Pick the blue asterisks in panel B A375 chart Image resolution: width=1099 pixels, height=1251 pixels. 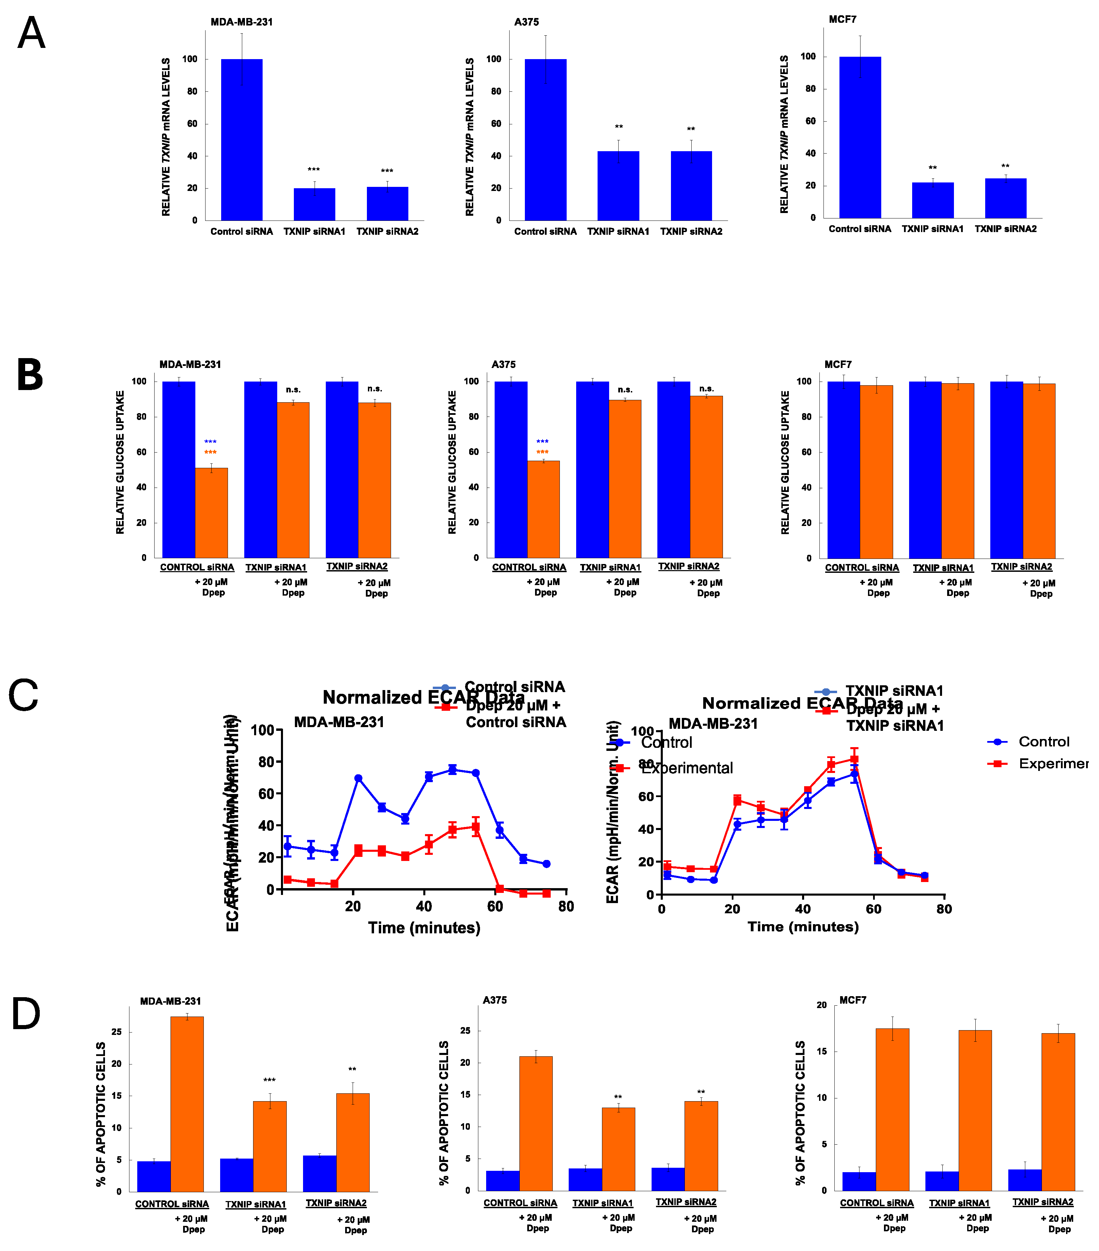point(542,441)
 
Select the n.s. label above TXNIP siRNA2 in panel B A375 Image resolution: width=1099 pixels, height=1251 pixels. point(706,389)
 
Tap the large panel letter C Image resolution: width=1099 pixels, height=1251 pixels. point(23,695)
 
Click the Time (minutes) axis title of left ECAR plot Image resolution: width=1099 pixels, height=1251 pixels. point(424,928)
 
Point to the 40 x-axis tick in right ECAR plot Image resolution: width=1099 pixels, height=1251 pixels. point(803,909)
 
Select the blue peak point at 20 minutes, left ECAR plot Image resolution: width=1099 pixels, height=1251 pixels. point(358,778)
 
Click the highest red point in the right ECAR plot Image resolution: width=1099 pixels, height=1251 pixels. point(854,760)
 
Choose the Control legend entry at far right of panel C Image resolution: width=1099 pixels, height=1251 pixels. point(1043,742)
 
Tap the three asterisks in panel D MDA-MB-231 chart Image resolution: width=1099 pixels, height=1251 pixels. point(269,1080)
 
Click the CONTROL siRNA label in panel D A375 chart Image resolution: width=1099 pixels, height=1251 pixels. point(520,1203)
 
